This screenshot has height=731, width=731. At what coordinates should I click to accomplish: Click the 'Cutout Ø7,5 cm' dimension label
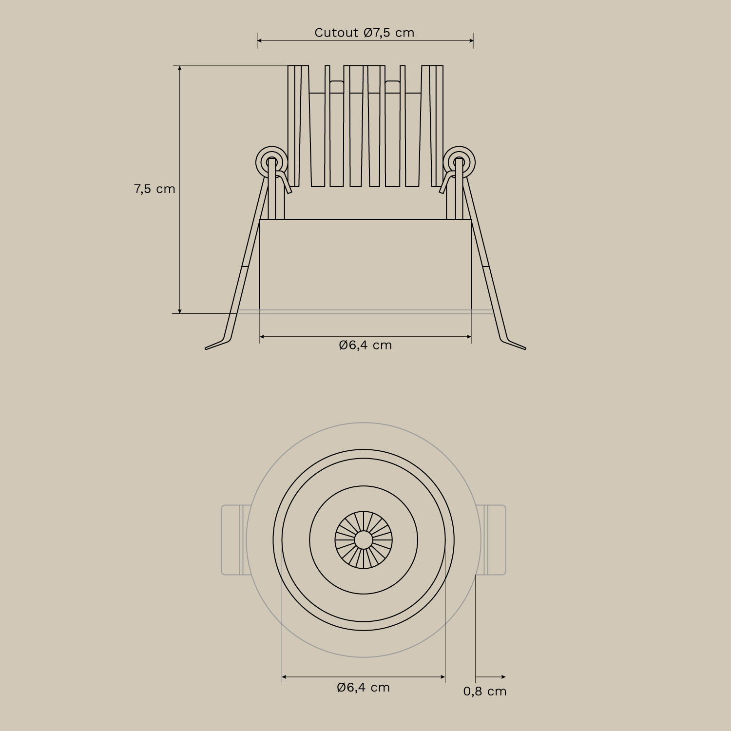pyautogui.click(x=364, y=33)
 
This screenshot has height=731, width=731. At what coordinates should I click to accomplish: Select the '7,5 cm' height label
pyautogui.click(x=154, y=189)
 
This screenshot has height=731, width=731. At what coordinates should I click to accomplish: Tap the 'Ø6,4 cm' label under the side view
pyautogui.click(x=365, y=345)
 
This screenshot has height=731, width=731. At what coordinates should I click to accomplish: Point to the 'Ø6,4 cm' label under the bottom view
pyautogui.click(x=364, y=687)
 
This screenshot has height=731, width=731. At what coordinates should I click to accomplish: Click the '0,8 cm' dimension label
pyautogui.click(x=484, y=691)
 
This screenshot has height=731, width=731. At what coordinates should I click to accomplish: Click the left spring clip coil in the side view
pyautogui.click(x=271, y=161)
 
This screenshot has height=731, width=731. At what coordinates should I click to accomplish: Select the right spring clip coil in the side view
pyautogui.click(x=459, y=161)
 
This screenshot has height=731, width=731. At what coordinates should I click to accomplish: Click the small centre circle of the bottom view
pyautogui.click(x=363, y=539)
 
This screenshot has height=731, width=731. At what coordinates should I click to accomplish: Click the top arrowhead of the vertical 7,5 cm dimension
pyautogui.click(x=180, y=69)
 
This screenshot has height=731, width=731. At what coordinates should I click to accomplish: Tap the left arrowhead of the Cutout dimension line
pyautogui.click(x=260, y=40)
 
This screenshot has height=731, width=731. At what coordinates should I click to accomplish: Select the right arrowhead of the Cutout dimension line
pyautogui.click(x=470, y=40)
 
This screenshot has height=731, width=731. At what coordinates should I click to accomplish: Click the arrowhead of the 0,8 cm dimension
pyautogui.click(x=503, y=677)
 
